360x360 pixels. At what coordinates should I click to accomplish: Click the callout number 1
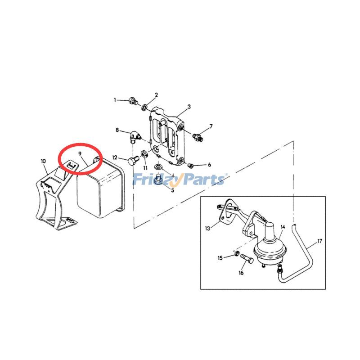click(115, 100)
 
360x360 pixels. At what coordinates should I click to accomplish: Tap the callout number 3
click(189, 107)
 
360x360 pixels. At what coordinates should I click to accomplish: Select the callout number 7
click(211, 126)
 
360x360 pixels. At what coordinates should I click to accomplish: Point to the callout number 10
click(43, 161)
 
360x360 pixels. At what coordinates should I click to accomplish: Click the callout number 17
click(319, 241)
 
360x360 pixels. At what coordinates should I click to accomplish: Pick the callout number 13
click(207, 229)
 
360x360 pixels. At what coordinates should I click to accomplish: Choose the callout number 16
click(241, 273)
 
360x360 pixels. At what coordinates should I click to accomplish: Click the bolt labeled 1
click(133, 100)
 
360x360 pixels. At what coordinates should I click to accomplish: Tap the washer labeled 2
click(144, 107)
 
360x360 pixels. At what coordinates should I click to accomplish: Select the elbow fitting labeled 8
click(135, 137)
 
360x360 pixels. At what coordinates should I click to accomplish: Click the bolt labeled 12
click(133, 161)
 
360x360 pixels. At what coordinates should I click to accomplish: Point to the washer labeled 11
click(144, 153)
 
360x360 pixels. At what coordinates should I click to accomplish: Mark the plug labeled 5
click(158, 179)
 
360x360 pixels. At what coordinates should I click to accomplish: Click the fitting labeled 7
click(197, 137)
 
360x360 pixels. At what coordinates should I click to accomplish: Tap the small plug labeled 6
click(190, 165)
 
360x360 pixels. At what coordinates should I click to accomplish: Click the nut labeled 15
click(236, 253)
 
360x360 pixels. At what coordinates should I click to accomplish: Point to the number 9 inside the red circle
click(80, 153)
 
